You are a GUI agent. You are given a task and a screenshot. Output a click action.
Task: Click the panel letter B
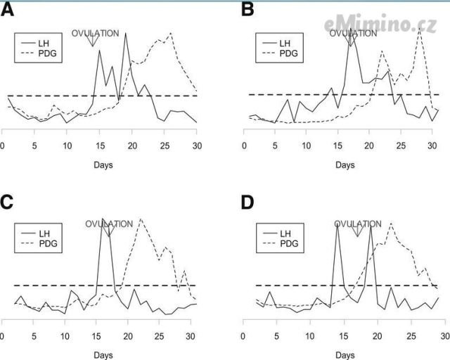tap(247, 11)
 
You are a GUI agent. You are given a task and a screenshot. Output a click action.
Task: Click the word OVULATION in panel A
tap(96, 32)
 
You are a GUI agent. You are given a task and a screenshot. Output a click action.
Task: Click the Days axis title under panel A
tap(103, 165)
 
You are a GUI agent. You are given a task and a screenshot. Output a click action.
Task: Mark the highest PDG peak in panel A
tap(171, 33)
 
